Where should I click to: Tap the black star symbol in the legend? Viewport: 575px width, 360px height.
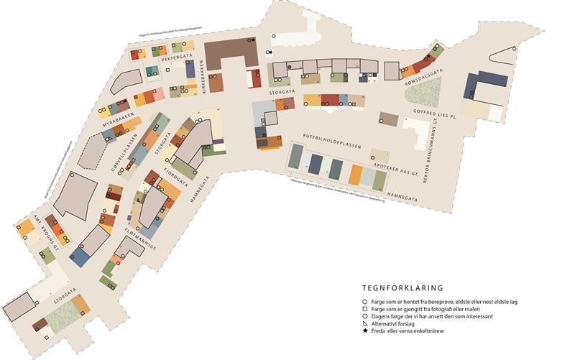[x=365, y=331]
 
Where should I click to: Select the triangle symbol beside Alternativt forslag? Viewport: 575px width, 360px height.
[x=365, y=323]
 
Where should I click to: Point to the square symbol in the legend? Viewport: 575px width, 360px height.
[x=365, y=308]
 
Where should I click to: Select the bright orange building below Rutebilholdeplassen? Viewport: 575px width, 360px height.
[x=355, y=175]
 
